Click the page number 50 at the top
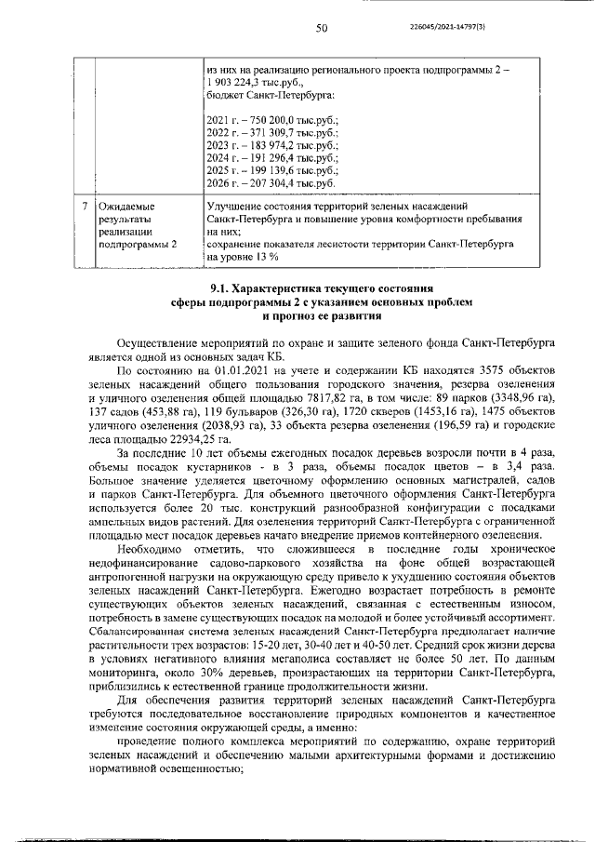click(x=322, y=29)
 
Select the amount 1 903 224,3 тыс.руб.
click(x=250, y=82)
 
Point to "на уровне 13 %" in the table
click(x=242, y=255)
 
